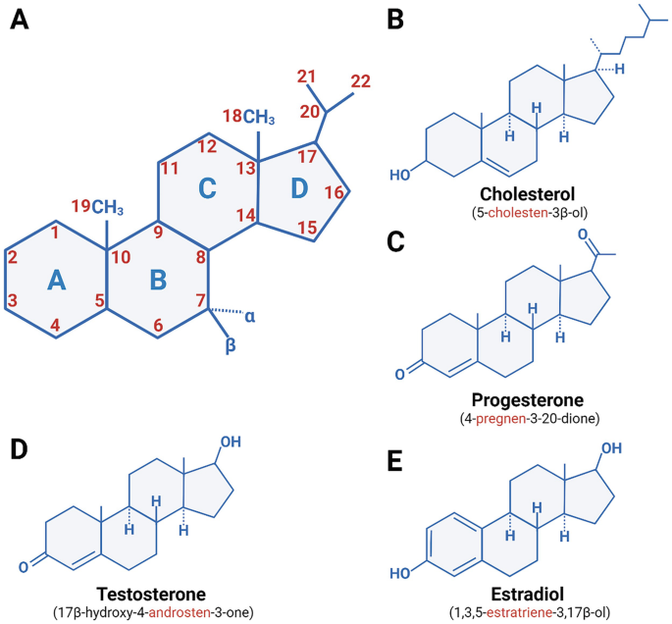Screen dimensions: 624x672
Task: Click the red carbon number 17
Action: (306, 155)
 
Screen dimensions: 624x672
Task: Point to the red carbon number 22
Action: (361, 81)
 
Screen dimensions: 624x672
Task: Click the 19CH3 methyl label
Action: (97, 206)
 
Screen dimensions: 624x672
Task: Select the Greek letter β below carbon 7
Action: (233, 347)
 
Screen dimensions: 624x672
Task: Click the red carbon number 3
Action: (13, 300)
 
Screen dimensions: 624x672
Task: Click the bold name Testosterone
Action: (150, 595)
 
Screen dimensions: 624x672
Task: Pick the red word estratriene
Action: (530, 612)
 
